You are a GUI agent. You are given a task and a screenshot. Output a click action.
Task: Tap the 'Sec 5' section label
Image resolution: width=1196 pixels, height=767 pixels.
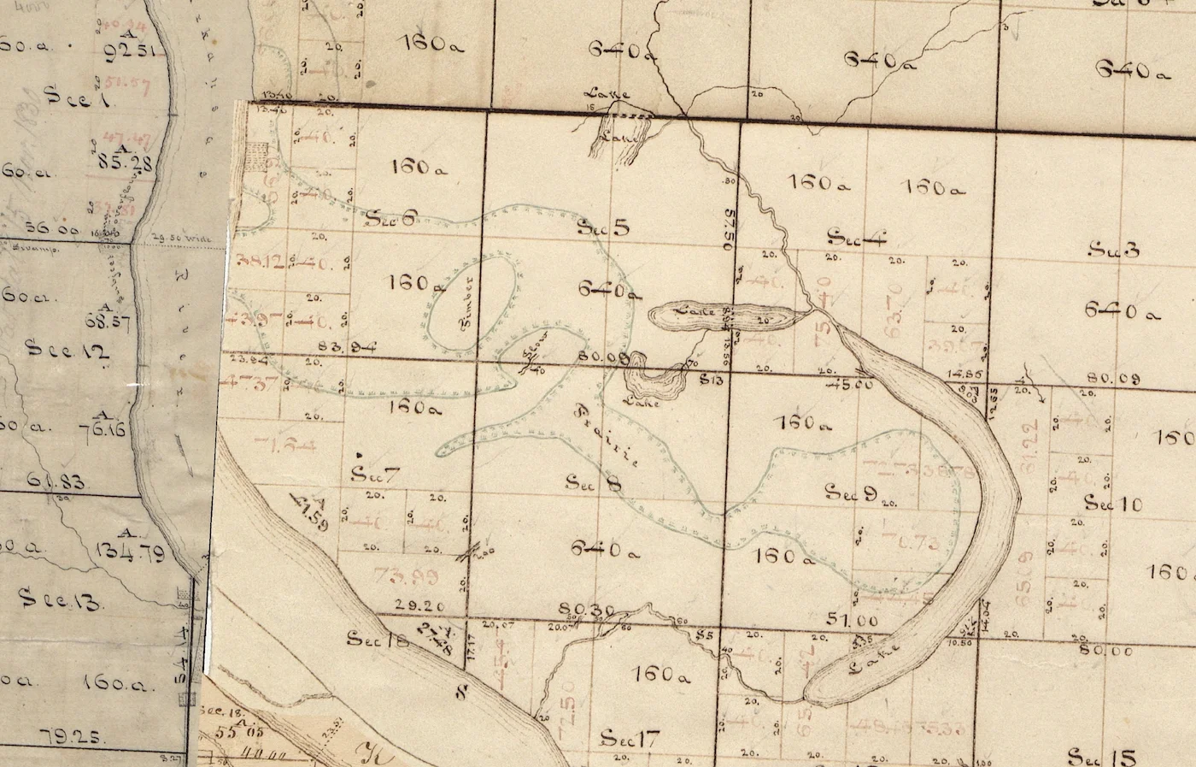tap(603, 227)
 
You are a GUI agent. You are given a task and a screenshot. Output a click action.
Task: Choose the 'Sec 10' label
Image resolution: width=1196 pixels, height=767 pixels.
tap(1113, 503)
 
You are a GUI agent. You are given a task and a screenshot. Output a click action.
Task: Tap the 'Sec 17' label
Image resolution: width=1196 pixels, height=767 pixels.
tap(629, 738)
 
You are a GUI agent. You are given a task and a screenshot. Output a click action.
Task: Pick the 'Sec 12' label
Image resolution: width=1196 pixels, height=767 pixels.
tap(57, 350)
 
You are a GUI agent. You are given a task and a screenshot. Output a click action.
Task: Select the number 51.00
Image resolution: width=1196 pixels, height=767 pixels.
tap(853, 620)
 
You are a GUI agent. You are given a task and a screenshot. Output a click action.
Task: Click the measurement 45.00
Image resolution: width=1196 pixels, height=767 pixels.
tap(852, 385)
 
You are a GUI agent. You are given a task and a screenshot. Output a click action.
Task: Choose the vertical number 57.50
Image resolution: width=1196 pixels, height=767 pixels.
tap(729, 227)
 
